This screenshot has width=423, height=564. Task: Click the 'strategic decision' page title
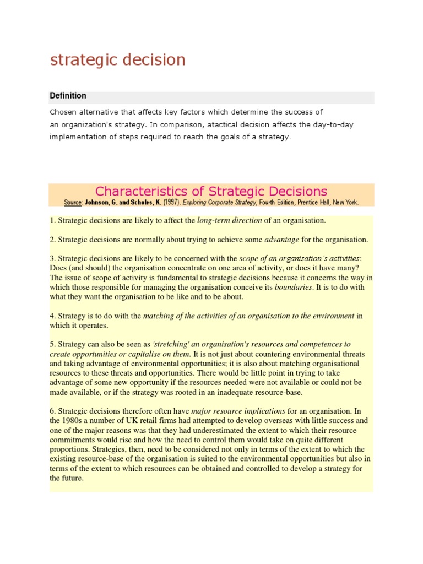(x=117, y=60)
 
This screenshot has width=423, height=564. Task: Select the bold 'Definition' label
(x=68, y=96)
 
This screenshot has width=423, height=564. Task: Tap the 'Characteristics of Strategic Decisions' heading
(x=211, y=191)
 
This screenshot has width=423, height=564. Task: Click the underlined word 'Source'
(x=72, y=203)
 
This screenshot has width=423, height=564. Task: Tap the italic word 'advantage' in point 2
(x=281, y=240)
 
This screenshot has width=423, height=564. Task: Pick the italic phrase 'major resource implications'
(x=238, y=411)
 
